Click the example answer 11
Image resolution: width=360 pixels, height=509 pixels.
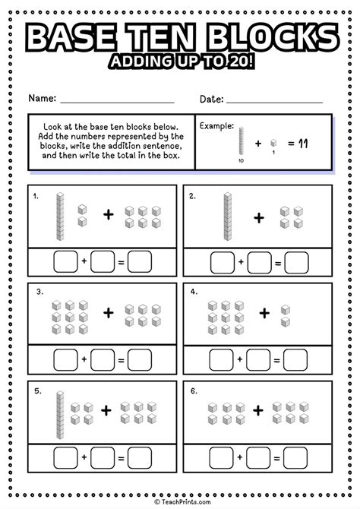[304, 143]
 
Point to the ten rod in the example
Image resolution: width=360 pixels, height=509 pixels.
[242, 141]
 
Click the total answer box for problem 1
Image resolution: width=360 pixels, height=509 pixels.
[139, 262]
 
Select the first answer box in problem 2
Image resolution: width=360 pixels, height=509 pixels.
[223, 262]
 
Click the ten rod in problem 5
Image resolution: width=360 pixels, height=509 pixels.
[59, 413]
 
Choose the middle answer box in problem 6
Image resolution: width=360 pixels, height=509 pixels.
[260, 458]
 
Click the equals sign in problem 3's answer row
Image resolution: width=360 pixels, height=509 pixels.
[121, 360]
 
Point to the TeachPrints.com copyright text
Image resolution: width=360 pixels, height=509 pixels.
[180, 501]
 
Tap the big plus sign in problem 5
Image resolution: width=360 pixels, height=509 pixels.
[106, 411]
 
